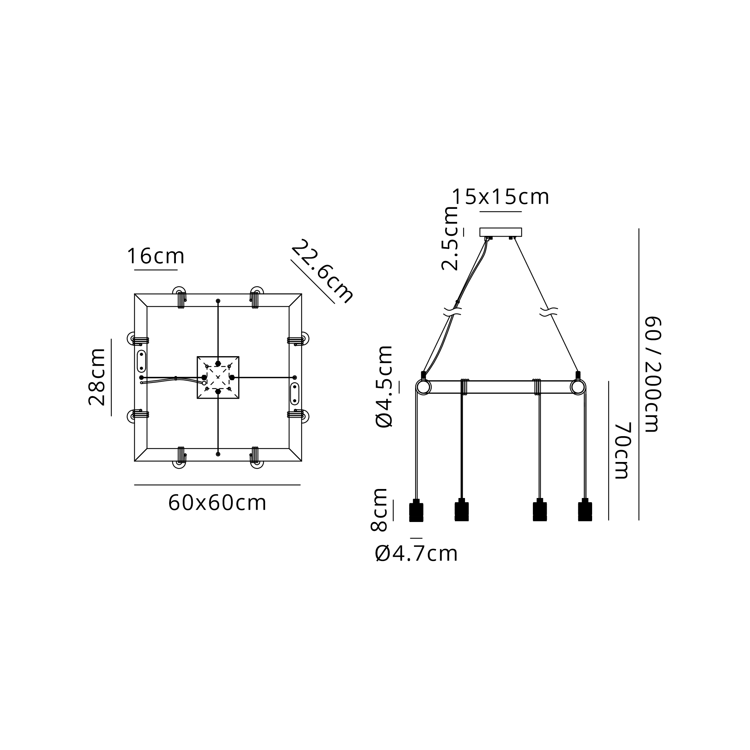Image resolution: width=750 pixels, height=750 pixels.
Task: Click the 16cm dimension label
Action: tap(156, 256)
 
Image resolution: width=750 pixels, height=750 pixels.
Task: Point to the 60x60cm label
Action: tap(217, 503)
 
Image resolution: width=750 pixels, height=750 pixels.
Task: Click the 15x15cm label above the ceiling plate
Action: tap(501, 197)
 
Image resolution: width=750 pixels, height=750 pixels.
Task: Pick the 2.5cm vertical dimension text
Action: tap(450, 238)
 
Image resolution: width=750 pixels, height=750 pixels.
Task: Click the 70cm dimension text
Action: tap(622, 450)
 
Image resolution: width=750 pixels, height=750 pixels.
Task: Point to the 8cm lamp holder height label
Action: tap(379, 509)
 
